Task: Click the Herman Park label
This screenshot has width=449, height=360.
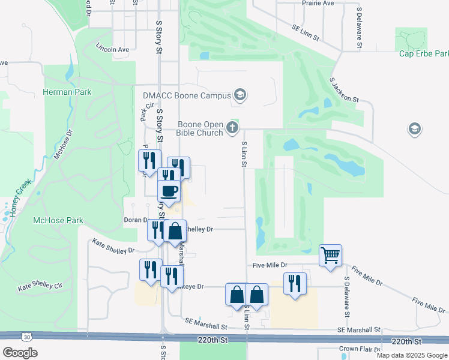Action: tap(67, 92)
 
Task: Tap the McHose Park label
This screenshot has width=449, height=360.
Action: tap(58, 220)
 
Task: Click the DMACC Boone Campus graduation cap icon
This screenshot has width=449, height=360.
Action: tap(240, 95)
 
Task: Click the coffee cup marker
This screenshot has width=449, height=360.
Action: tap(169, 191)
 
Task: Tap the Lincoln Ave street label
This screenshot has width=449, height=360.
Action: tap(113, 49)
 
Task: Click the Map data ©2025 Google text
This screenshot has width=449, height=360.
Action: tap(411, 355)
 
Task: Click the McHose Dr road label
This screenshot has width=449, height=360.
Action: tap(62, 145)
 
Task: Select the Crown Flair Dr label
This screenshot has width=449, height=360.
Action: tap(358, 349)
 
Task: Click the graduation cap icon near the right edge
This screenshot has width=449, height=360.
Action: tap(414, 128)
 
